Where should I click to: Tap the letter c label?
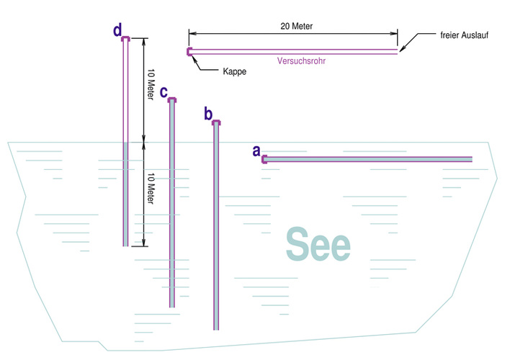click(164, 93)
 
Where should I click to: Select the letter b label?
click(208, 114)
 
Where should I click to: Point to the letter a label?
click(256, 151)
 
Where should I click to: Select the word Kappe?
click(232, 72)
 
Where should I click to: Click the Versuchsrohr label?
click(300, 61)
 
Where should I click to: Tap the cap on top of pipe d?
click(125, 39)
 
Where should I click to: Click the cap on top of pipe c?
click(172, 102)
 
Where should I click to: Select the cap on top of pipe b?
click(216, 123)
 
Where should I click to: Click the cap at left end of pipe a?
click(264, 160)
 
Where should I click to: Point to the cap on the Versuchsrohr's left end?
click(189, 51)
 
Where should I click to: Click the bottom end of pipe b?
click(216, 328)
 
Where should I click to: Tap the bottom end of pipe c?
click(172, 306)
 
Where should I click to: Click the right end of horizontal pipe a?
click(471, 160)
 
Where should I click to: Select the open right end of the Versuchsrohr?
click(397, 51)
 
